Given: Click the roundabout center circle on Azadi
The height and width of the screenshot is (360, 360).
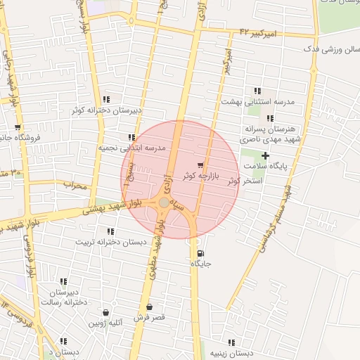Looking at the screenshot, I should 163,202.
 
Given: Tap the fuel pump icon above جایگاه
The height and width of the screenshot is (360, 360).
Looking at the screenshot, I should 201,254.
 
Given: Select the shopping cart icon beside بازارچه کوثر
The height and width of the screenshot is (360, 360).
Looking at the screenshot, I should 201,165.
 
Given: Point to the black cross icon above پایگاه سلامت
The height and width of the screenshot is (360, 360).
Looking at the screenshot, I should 265,155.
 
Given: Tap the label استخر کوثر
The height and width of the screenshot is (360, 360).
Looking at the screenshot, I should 245,181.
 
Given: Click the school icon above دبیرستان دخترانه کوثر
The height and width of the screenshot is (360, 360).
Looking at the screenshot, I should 106,100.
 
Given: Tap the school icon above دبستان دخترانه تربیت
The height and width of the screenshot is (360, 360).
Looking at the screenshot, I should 111,231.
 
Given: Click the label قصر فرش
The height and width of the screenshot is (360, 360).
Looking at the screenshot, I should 149,318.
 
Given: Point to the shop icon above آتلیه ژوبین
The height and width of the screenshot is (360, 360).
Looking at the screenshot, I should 105,312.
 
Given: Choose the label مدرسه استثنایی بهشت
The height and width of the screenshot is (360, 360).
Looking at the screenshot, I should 257,101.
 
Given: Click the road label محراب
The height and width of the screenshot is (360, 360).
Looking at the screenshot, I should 74,186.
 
